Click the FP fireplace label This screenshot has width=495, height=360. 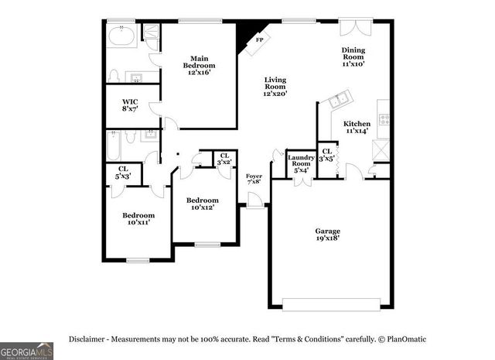(260, 39)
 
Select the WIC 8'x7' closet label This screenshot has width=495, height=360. (130, 106)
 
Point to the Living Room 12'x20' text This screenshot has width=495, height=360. (275, 87)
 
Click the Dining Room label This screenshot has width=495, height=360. (353, 57)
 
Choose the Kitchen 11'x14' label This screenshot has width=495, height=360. (357, 127)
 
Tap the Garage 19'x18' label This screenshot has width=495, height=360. (327, 235)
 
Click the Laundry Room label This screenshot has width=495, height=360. (300, 160)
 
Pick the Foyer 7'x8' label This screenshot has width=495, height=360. (254, 180)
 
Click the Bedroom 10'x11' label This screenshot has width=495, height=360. (138, 218)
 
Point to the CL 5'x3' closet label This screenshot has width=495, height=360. (123, 173)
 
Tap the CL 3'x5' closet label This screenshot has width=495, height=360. (326, 155)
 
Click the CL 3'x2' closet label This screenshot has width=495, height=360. (224, 159)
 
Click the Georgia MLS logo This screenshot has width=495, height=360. (27, 350)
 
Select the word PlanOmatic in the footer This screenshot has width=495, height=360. (405, 339)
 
